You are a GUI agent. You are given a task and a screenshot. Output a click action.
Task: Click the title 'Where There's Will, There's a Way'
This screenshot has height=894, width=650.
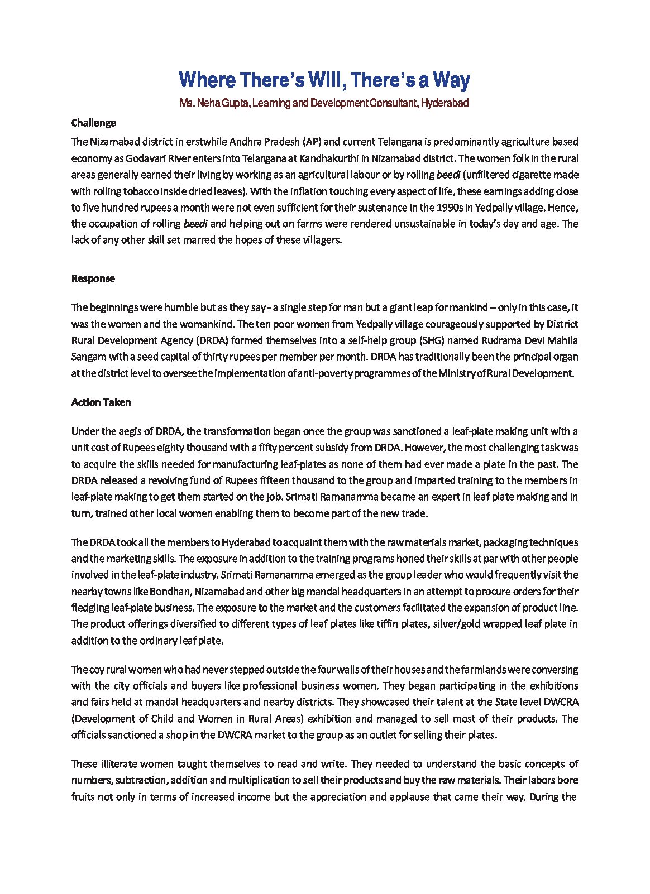tap(324, 80)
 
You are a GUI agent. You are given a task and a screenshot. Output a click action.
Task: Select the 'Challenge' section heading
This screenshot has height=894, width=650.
tap(93, 123)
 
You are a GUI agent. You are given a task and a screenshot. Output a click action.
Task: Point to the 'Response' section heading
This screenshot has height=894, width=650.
tap(93, 278)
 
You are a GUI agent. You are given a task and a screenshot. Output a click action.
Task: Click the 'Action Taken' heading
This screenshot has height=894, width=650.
tap(101, 402)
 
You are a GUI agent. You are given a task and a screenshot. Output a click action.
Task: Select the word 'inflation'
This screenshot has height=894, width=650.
tap(309, 191)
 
